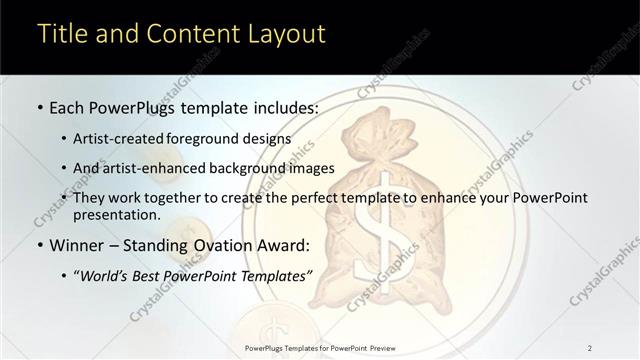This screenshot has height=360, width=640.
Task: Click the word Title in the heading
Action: [62, 33]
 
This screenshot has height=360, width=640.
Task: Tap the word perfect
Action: [325, 198]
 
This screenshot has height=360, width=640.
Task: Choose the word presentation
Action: [116, 214]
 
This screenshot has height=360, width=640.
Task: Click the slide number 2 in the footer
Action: [590, 348]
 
